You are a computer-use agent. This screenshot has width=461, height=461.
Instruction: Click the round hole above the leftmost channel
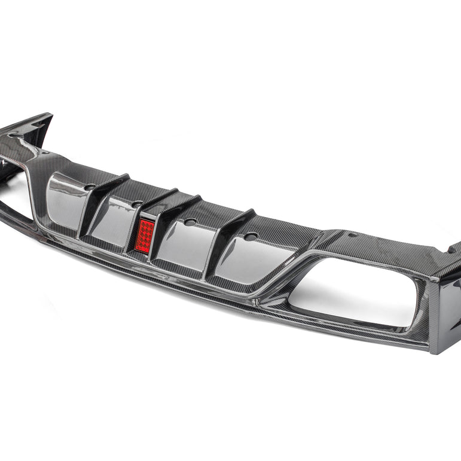(90, 187)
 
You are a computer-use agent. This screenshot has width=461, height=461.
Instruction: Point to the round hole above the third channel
(191, 222)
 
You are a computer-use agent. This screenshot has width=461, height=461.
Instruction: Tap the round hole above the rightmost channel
(251, 235)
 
